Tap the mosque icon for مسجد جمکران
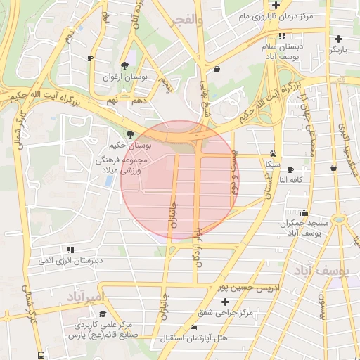(x=304, y=212)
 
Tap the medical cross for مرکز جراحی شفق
(x=225, y=301)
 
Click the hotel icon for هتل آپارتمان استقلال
(x=195, y=328)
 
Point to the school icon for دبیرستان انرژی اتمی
(x=70, y=250)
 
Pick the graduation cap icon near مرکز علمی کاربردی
(x=103, y=314)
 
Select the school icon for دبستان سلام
(x=282, y=36)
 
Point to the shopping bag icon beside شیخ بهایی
(x=217, y=69)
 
